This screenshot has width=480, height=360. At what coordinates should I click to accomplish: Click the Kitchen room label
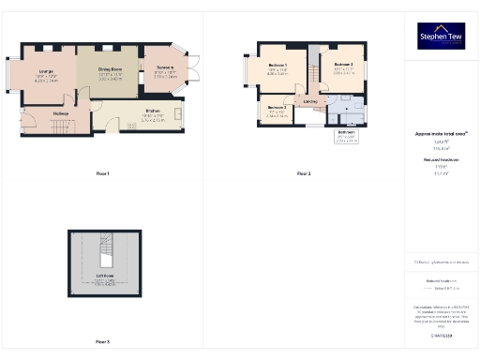pos(152,116)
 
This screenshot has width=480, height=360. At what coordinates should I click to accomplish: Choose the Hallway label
pos(61,113)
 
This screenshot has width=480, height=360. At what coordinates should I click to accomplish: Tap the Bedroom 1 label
pos(277,66)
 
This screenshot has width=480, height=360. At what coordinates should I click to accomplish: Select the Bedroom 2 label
pos(342,66)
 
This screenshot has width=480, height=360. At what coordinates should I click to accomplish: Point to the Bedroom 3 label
pos(277,109)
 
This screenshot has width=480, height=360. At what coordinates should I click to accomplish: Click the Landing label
pos(310,100)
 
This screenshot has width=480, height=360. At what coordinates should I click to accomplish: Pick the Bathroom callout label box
pos(346,137)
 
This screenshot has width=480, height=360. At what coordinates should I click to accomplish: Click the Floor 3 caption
pos(103,341)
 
